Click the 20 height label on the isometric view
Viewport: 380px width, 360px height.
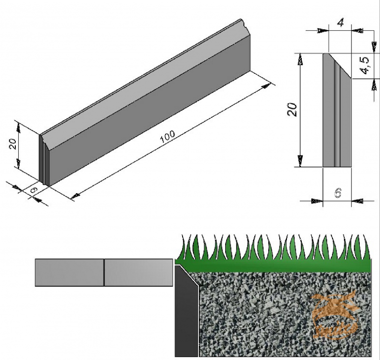pyautogui.click(x=13, y=144)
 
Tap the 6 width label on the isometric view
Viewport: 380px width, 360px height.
pyautogui.click(x=34, y=189)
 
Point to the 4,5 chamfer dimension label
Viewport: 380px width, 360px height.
pyautogui.click(x=365, y=65)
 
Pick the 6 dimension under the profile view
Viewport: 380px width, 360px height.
pyautogui.click(x=337, y=193)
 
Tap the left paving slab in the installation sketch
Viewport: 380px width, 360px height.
pyautogui.click(x=69, y=272)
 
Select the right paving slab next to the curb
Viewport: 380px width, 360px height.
pyautogui.click(x=138, y=272)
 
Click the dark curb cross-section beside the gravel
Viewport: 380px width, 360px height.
pyautogui.click(x=186, y=317)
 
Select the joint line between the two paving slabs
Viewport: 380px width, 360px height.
pyautogui.click(x=104, y=272)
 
